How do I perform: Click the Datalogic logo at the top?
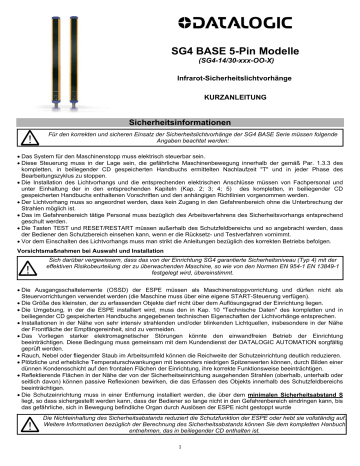pyautogui.click(x=271, y=19)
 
